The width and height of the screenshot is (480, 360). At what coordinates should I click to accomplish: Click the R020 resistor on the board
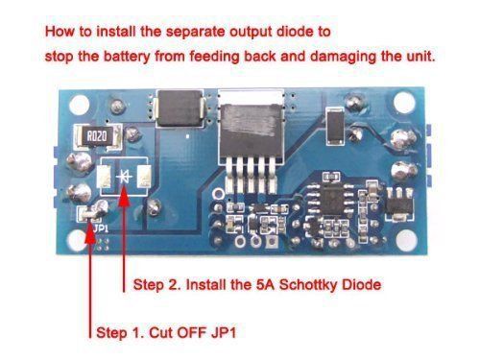97,137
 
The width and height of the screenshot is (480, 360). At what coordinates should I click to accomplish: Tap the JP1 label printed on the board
101,228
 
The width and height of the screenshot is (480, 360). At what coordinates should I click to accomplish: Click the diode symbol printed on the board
124,177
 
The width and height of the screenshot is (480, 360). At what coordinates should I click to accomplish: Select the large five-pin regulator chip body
251,131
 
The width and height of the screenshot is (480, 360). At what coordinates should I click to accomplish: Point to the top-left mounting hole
79,105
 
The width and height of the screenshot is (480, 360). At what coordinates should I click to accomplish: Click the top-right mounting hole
404,103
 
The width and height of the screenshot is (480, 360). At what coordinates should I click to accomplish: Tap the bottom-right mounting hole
406,240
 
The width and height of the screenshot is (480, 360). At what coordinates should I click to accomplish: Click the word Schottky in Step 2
309,284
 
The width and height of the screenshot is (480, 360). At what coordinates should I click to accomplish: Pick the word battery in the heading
127,57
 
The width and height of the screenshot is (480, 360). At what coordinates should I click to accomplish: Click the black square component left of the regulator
180,108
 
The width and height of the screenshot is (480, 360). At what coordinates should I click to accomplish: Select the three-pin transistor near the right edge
399,204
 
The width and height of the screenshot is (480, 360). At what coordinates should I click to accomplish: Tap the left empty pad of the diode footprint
105,177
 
